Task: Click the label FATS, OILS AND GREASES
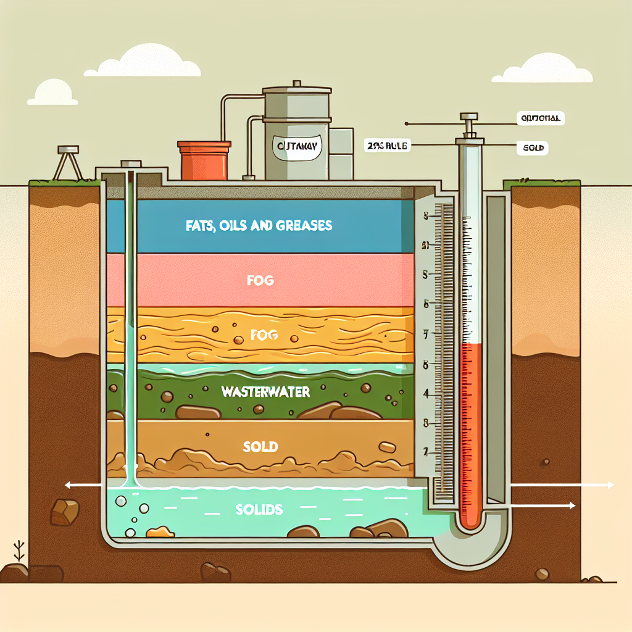point(259,226)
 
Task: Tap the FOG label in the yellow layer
point(265,336)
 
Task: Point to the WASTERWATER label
point(265,392)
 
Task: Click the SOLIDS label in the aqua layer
point(259,510)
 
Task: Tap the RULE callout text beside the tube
point(387,146)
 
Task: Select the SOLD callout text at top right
point(535,149)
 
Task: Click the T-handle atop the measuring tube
point(468,117)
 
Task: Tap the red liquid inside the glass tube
point(472,432)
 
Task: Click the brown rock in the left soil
point(65,512)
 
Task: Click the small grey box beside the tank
point(341,153)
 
